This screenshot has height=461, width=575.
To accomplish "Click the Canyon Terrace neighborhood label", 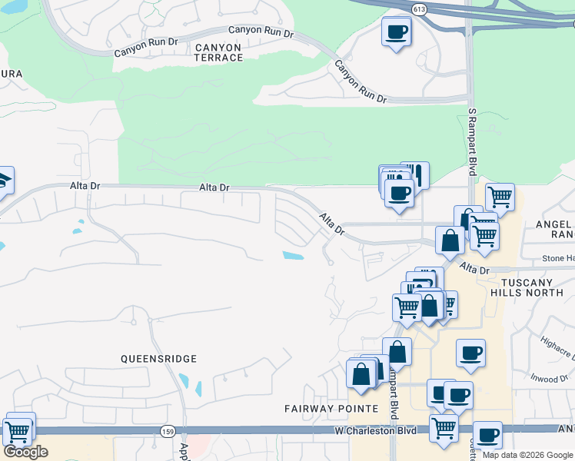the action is click(219, 52).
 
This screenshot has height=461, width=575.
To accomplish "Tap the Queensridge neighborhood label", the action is click(159, 359).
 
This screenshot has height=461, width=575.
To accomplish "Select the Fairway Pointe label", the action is click(331, 408).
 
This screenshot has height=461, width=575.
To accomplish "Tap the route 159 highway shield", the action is click(168, 432).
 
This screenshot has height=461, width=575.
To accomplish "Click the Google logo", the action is click(25, 452).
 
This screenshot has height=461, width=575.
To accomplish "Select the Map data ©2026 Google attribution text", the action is click(527, 455).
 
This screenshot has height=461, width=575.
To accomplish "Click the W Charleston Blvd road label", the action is click(375, 431).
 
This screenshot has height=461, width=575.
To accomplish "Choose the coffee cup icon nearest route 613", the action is click(396, 32).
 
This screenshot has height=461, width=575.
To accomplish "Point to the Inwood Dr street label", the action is click(547, 378).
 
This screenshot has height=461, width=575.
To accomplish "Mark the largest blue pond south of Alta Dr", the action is click(293, 256).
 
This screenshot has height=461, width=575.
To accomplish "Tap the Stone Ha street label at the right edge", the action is click(558, 259).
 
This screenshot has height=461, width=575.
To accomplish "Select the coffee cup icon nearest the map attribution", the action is click(487, 436).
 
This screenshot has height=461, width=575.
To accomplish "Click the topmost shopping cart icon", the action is click(500, 197).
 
